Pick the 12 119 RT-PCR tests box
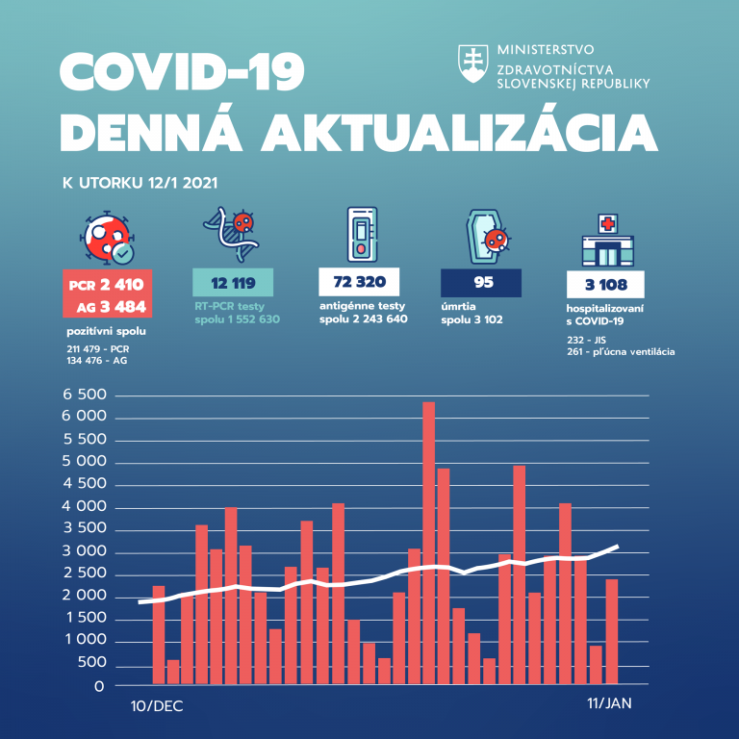pyautogui.click(x=233, y=283)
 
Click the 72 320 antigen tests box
pyautogui.click(x=358, y=283)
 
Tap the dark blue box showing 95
pyautogui.click(x=480, y=283)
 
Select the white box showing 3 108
pyautogui.click(x=605, y=284)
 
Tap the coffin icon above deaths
pyautogui.click(x=486, y=237)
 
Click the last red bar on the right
pyautogui.click(x=611, y=631)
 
